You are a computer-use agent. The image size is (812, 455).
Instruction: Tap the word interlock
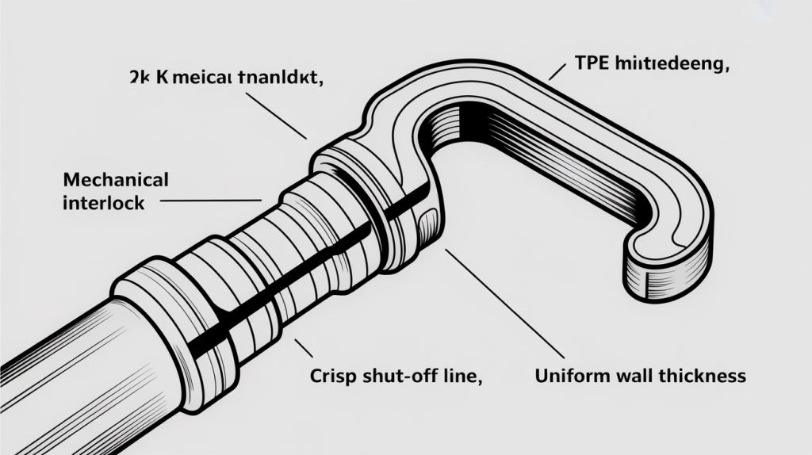tap(103, 203)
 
